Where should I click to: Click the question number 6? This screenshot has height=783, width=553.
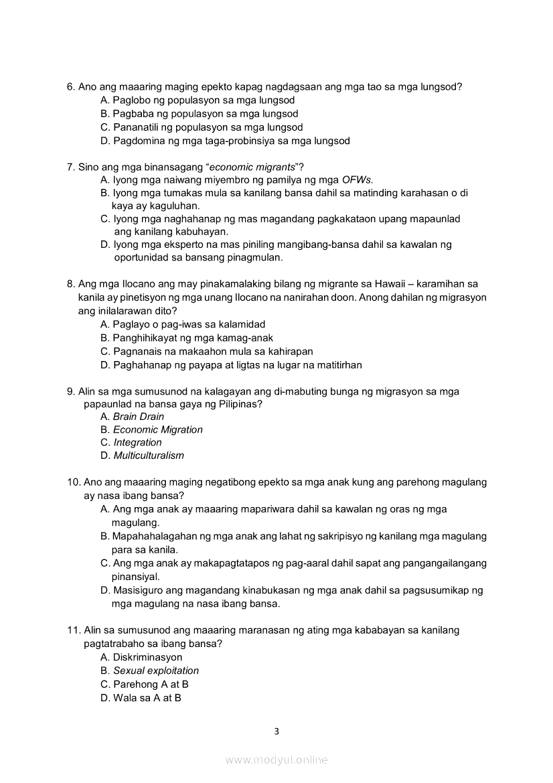click(70, 87)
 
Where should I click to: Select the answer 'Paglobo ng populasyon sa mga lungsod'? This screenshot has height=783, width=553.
click(204, 100)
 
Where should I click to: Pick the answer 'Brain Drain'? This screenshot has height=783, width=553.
click(138, 417)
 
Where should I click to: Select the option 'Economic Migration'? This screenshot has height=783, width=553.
click(157, 430)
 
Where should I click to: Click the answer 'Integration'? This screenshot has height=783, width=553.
click(137, 443)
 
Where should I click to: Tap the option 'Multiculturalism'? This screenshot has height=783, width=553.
click(148, 456)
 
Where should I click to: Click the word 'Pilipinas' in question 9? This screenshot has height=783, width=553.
click(239, 405)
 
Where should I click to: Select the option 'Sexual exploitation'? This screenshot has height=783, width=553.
click(155, 671)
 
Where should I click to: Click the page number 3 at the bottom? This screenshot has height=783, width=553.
click(276, 731)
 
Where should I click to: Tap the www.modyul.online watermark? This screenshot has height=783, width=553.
click(276, 760)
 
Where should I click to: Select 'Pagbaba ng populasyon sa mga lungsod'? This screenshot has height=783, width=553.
click(205, 114)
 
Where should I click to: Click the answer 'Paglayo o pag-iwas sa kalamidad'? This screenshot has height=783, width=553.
click(189, 325)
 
